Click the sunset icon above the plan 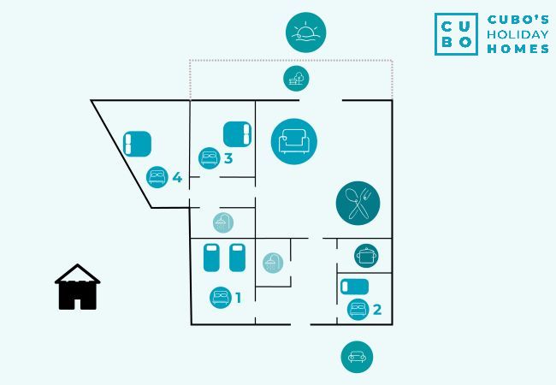305,33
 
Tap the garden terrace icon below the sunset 296,80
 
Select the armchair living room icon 293,141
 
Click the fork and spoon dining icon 358,203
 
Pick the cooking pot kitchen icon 366,254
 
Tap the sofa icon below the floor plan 357,356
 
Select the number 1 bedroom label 238,298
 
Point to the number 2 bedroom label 376,310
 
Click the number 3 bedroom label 228,158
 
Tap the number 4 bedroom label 177,177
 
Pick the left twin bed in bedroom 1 212,258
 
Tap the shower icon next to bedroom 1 272,263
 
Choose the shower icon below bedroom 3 223,222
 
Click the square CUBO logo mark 456,34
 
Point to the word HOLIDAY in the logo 518,34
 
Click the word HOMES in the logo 518,50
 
